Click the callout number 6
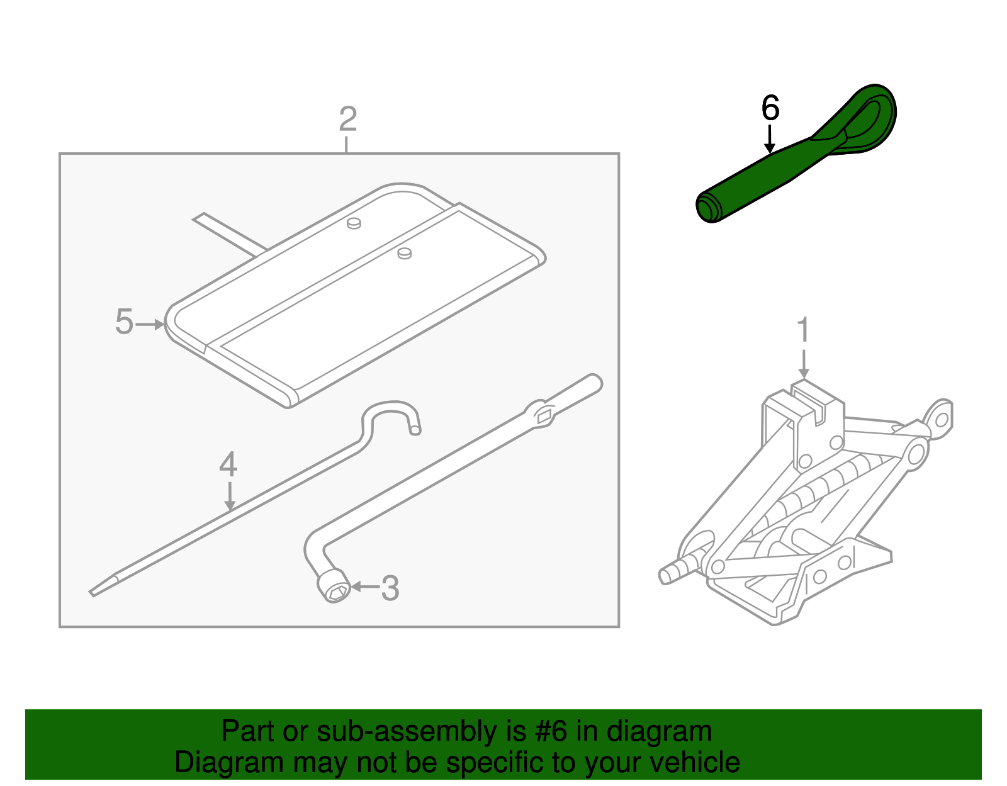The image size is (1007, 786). click(x=770, y=108)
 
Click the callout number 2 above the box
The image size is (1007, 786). click(x=347, y=119)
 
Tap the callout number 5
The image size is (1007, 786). click(x=124, y=322)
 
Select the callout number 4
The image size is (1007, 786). click(x=228, y=465)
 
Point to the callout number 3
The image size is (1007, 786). click(x=390, y=588)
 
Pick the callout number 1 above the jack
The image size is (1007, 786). click(x=803, y=330)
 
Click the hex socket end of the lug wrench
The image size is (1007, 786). click(x=334, y=587)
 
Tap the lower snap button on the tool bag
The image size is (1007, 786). click(x=404, y=253)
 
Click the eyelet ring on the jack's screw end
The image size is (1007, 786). click(x=940, y=418)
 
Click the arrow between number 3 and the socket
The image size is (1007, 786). click(x=364, y=587)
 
